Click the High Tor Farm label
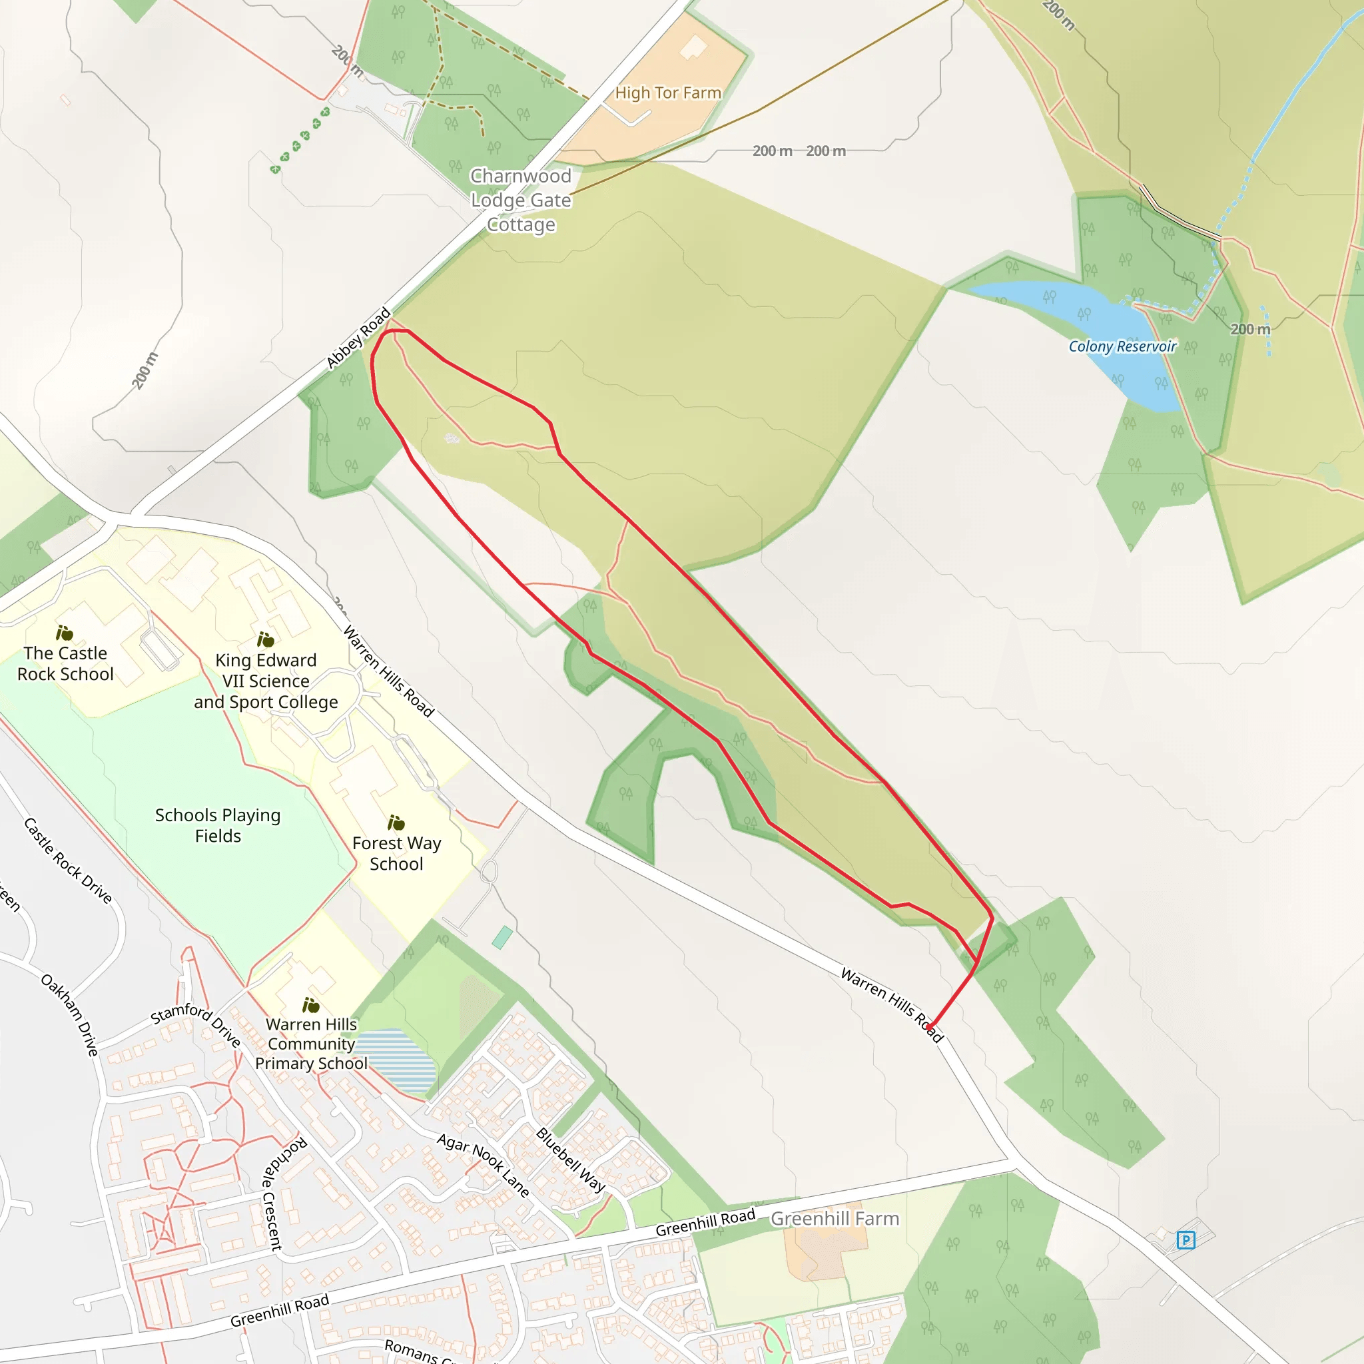tap(667, 93)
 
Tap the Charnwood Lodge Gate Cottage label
tap(521, 200)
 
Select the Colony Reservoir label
tap(1122, 346)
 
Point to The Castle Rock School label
tap(65, 663)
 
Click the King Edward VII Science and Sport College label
tap(266, 681)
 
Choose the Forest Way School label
tap(396, 853)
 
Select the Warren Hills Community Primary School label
tap(310, 1044)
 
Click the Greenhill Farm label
tap(835, 1218)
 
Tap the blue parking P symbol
tap(1186, 1239)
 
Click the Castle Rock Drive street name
tap(68, 860)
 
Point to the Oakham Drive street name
tap(69, 1014)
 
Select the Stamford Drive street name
tap(196, 1023)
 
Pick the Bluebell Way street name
tap(571, 1160)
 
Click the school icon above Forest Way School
tap(396, 823)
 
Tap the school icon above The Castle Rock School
tap(64, 633)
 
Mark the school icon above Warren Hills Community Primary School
tap(310, 1004)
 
